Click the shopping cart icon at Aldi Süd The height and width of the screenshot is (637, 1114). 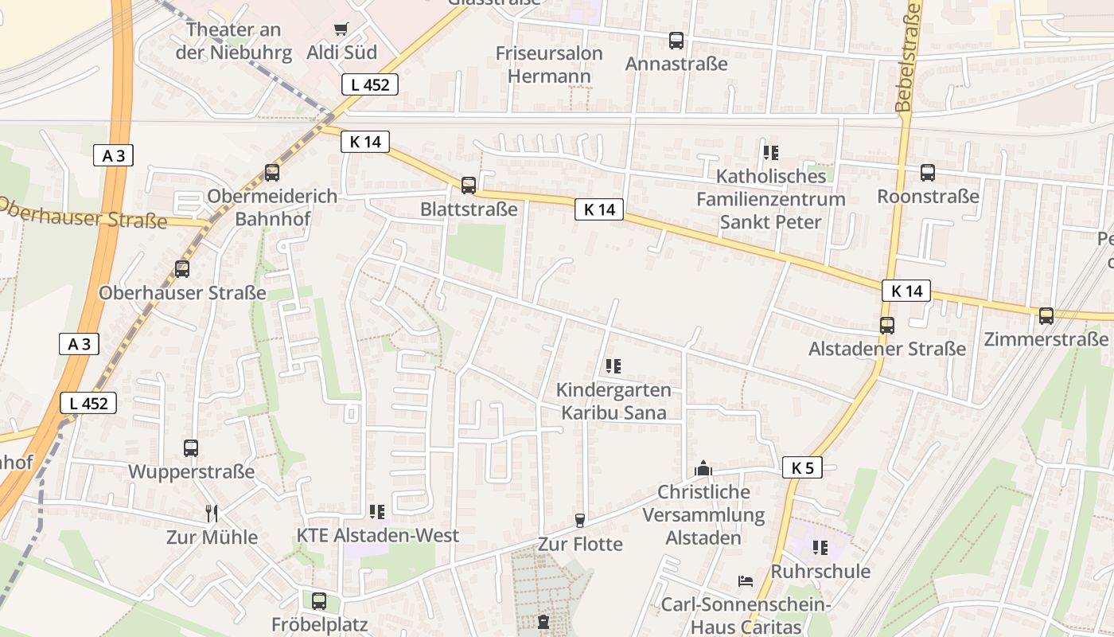[x=341, y=29]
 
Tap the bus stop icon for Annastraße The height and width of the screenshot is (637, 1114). [x=676, y=40]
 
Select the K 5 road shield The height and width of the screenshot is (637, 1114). [x=802, y=467]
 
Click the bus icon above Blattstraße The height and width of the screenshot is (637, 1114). [x=469, y=186]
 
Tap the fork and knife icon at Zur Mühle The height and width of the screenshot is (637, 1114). [x=211, y=513]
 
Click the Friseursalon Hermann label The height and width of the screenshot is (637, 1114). [x=549, y=64]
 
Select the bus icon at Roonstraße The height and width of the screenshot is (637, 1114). [x=928, y=172]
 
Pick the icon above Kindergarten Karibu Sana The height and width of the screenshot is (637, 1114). [x=613, y=366]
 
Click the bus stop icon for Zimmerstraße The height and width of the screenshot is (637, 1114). [x=1046, y=316]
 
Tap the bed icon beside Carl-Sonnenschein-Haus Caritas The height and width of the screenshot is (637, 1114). [x=746, y=580]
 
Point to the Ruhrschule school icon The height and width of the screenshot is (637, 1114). [x=820, y=547]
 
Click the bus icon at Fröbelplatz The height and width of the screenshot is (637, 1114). [x=319, y=600]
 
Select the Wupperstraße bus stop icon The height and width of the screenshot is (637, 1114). [x=191, y=447]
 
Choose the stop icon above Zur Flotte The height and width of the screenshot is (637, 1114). [x=580, y=521]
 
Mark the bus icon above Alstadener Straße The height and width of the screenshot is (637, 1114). [x=887, y=325]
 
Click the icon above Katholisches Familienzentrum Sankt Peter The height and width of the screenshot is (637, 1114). [x=770, y=151]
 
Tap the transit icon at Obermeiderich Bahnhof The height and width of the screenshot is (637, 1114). [x=272, y=172]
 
